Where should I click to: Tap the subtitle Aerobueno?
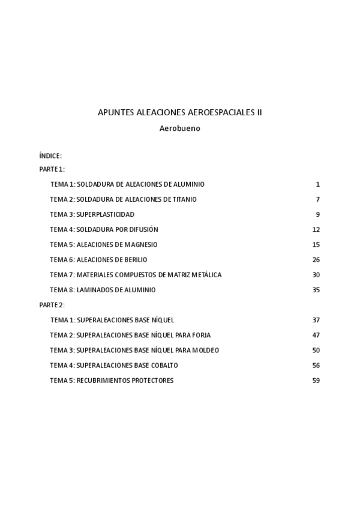click(179, 128)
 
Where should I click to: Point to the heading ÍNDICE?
click(50, 156)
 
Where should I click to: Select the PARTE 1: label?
click(52, 169)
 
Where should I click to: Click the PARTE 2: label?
click(52, 305)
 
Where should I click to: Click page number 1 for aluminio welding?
click(317, 184)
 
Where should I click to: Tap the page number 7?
click(317, 199)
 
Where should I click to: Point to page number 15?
click(316, 244)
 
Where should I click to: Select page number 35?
click(316, 290)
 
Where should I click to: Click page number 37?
click(316, 320)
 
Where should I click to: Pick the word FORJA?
click(201, 335)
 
